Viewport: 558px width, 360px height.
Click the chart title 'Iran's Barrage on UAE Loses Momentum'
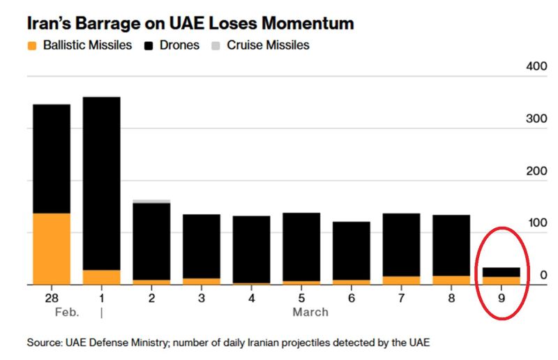coord(190,24)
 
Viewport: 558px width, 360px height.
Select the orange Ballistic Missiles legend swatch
coord(32,46)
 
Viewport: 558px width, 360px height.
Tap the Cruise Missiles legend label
coord(269,45)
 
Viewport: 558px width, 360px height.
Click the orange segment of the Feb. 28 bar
coord(52,249)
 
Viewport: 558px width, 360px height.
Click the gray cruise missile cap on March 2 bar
coord(151,201)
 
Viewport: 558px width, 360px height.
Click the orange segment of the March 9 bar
coord(501,280)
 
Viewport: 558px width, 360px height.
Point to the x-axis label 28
coord(52,298)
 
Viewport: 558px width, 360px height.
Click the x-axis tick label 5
coord(301,298)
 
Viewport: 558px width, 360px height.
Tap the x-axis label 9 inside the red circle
coord(501,298)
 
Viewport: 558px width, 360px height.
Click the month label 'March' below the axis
coord(310,312)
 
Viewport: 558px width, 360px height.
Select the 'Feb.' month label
coord(68,312)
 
